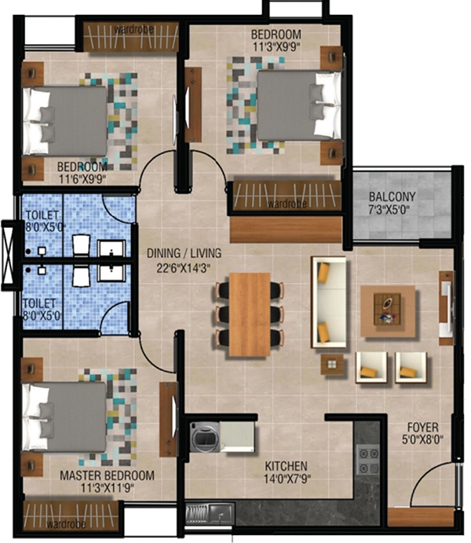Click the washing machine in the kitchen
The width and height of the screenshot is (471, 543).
click(205, 437)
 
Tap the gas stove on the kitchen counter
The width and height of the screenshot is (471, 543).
click(367, 461)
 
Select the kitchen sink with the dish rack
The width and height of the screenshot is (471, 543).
click(210, 514)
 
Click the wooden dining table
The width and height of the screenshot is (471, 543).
click(250, 314)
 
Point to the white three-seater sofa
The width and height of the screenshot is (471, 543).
click(329, 302)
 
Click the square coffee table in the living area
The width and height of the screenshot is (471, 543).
click(388, 311)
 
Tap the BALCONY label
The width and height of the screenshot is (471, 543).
click(392, 197)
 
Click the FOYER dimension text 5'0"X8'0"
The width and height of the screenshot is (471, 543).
click(422, 440)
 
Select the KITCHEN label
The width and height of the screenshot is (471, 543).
click(286, 466)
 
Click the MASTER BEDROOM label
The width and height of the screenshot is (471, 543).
click(107, 475)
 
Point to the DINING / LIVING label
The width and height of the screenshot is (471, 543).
click(184, 253)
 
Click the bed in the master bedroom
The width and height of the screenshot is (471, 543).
click(64, 417)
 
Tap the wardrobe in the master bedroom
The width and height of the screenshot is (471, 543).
click(71, 517)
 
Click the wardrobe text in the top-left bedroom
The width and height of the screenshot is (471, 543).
click(133, 30)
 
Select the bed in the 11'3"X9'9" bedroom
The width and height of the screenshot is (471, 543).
click(300, 105)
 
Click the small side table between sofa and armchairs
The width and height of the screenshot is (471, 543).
click(332, 365)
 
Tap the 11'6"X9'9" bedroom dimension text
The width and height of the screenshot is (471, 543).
click(82, 179)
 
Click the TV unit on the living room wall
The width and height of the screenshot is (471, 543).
click(446, 308)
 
